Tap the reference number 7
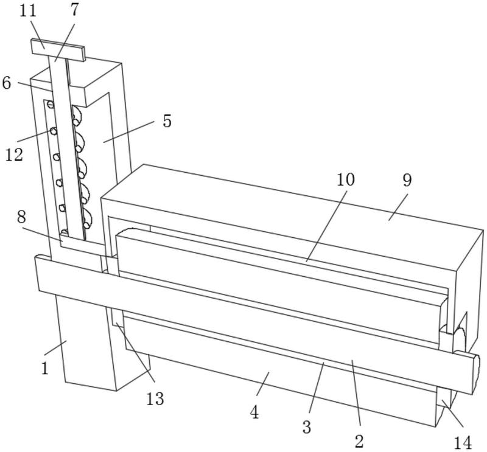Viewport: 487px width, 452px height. coord(74,10)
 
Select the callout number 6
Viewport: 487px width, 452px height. coord(7,82)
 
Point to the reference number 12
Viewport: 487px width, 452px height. coord(14,154)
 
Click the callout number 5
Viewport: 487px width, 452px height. coord(167,120)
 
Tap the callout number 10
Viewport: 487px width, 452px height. coord(345,179)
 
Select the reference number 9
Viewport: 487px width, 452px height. coord(407,180)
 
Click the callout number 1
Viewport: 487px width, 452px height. coord(44,368)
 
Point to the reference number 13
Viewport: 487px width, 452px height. coord(155,398)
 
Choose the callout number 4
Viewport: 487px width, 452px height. coord(254,412)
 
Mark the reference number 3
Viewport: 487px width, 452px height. coord(306,426)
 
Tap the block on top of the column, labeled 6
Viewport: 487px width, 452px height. coord(91,85)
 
